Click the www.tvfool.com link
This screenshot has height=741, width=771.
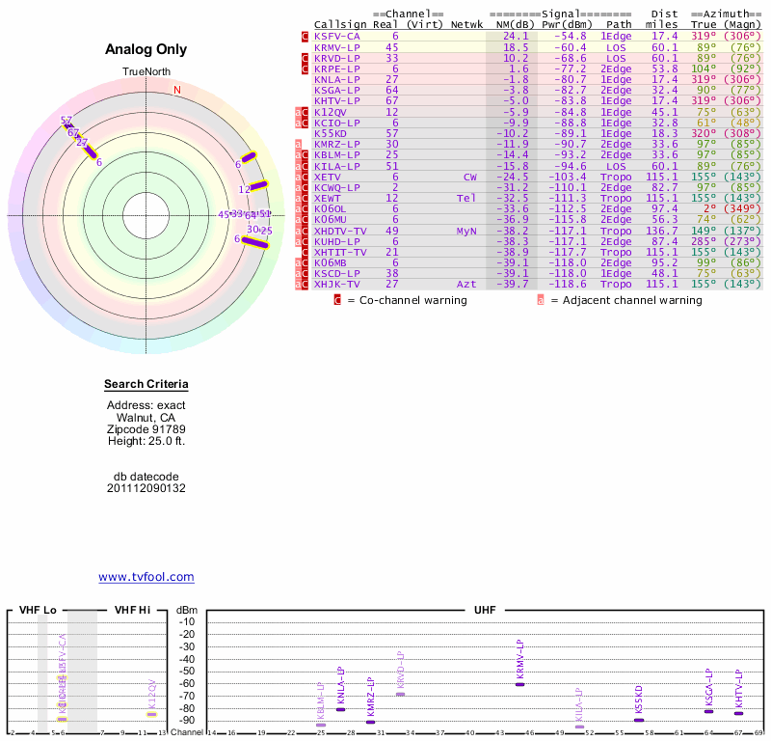tap(146, 577)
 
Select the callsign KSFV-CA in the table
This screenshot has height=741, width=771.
tap(337, 36)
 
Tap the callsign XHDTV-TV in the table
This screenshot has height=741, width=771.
tap(340, 232)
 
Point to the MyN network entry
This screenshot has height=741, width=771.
tap(467, 232)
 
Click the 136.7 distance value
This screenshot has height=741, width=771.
tap(662, 232)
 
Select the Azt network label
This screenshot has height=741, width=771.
tap(467, 285)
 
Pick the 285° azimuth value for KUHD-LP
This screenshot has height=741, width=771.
tap(703, 242)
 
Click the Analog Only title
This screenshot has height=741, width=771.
tap(146, 50)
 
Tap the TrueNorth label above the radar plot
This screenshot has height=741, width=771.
tap(146, 72)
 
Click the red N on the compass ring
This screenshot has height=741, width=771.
tap(176, 91)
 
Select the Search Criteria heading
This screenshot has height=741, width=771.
tap(146, 385)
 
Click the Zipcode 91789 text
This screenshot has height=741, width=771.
tap(146, 429)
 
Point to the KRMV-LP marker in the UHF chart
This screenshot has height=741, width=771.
tap(520, 683)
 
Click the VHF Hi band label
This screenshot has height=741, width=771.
tap(133, 610)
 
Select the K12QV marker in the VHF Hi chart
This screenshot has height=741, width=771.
tap(151, 714)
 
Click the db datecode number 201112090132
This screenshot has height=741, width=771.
tap(146, 488)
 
